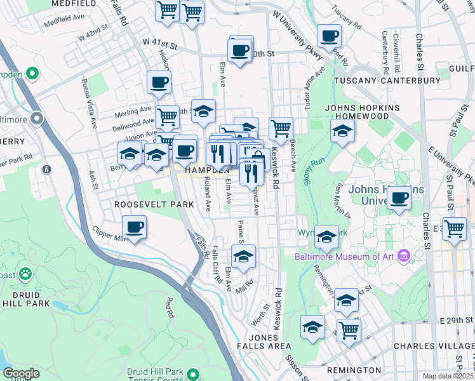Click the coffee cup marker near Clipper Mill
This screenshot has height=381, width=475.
pos(134,227)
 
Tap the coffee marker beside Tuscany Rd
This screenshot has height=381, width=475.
pos(329,36)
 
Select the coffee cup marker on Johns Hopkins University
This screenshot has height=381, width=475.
pos(399,197)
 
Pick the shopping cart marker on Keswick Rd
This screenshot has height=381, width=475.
pos(281,129)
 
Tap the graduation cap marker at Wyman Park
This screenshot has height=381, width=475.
pos(326,237)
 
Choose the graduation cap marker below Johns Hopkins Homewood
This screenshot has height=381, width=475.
pos(342,131)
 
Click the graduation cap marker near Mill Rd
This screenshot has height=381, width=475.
pos(243,257)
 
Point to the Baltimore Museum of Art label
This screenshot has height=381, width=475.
pos(344,257)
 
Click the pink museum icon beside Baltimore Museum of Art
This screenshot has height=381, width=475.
pos(403,257)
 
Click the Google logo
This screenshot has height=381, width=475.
pos(21,373)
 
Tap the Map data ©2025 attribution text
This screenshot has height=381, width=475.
pos(448,376)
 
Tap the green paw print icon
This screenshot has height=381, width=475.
pos(25,274)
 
